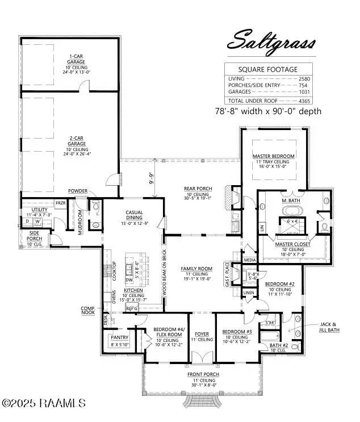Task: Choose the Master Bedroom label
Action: click(274, 156)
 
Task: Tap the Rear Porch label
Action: click(198, 188)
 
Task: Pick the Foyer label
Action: click(202, 335)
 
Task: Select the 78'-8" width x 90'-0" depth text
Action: click(268, 111)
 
